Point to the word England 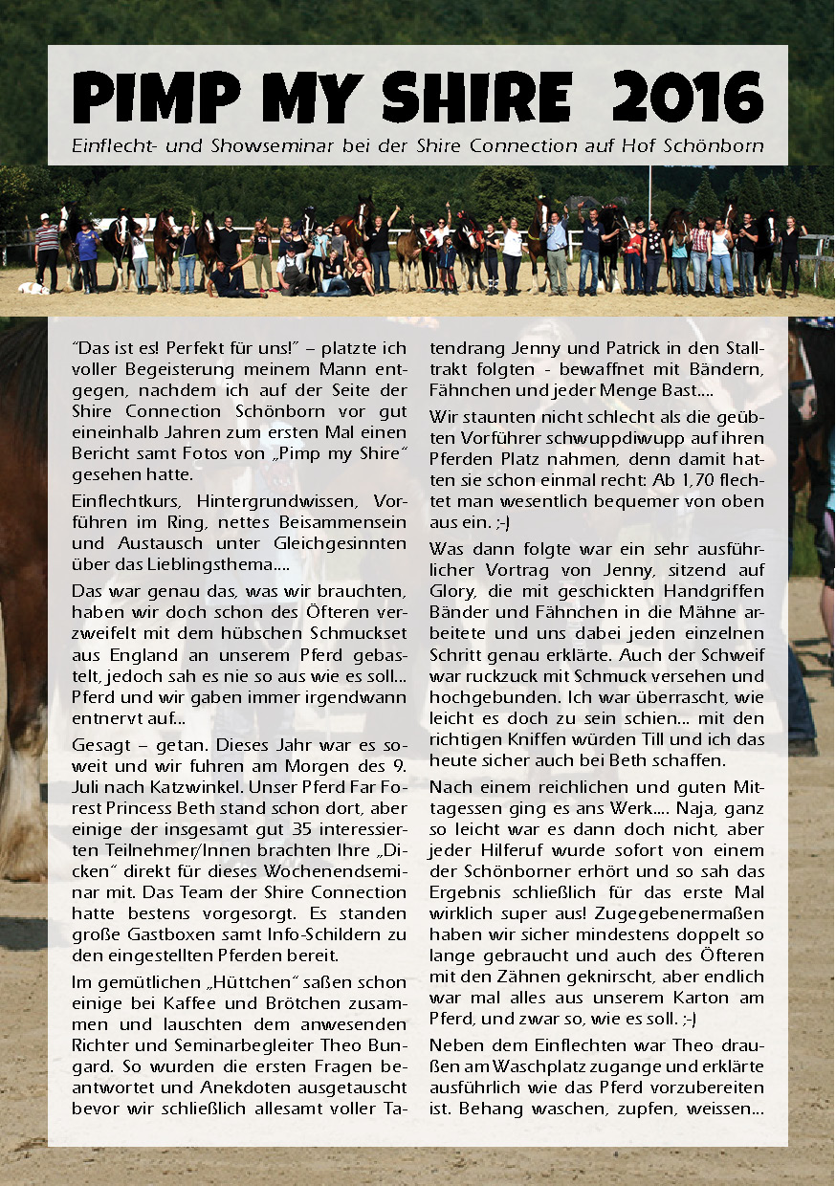click(x=139, y=655)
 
